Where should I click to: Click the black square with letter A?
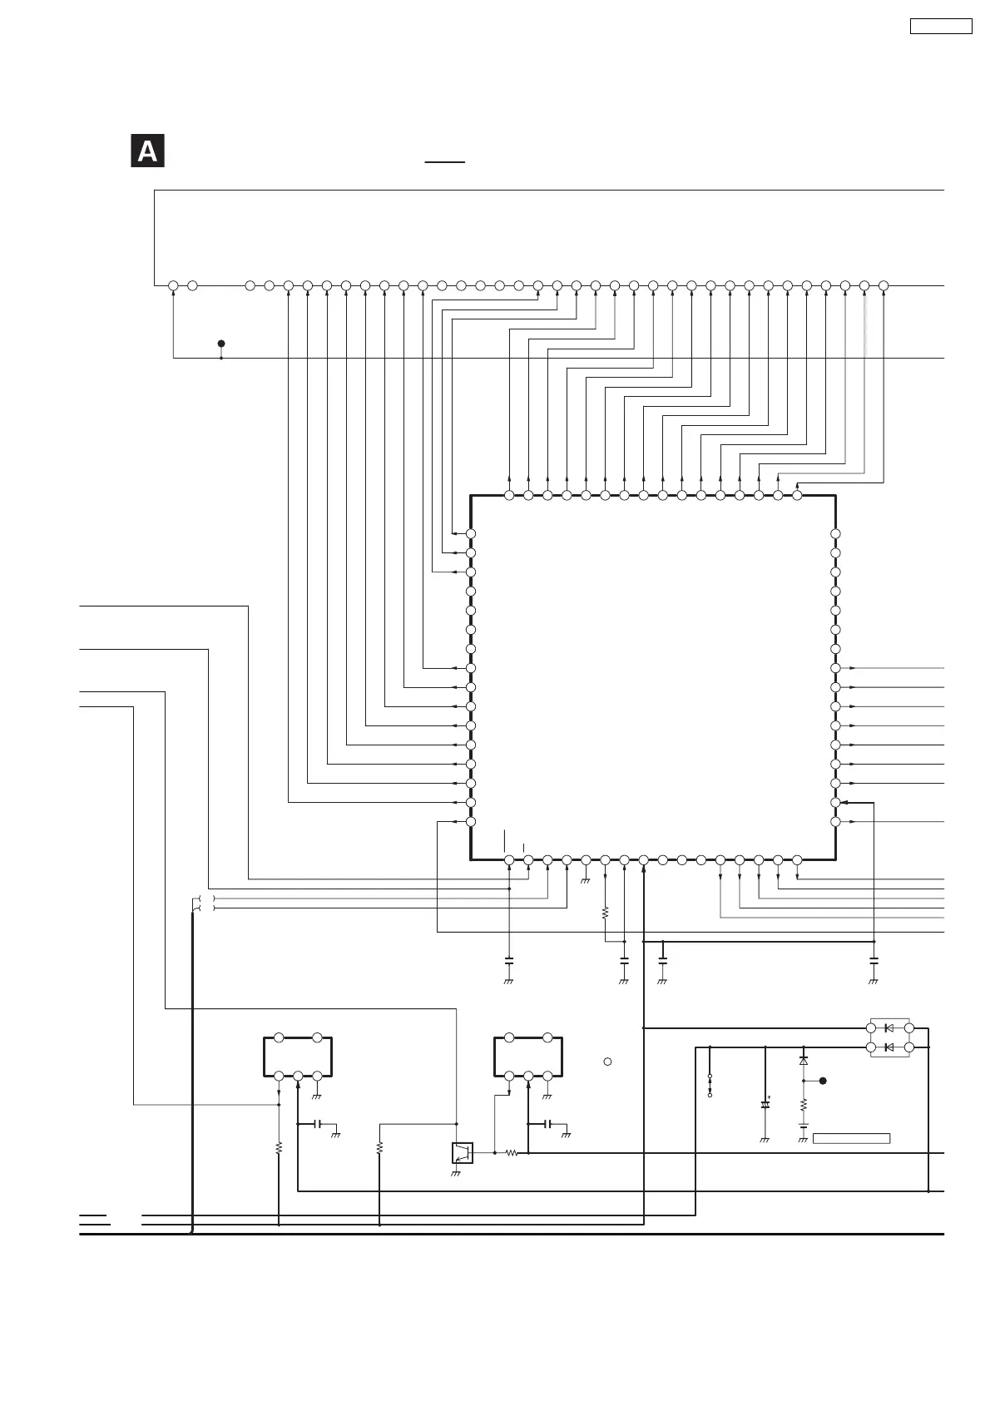147,151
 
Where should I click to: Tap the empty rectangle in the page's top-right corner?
941,26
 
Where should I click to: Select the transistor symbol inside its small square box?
462,1153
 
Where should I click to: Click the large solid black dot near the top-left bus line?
221,343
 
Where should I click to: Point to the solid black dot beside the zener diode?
823,1081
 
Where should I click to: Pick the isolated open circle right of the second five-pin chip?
608,1062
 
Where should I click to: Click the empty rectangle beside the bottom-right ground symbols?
851,1138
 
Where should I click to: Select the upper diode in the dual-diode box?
889,1028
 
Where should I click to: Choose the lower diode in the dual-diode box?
889,1047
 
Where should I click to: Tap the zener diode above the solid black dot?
804,1062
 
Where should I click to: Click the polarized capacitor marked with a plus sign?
765,1106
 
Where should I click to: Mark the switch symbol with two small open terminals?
710,1086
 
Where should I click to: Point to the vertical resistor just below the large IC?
605,913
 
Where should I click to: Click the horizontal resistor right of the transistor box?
512,1153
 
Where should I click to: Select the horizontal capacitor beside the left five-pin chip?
317,1124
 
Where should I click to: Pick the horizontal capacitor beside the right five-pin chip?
547,1124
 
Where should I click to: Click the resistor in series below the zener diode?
804,1106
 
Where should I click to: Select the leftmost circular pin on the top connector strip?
173,286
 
